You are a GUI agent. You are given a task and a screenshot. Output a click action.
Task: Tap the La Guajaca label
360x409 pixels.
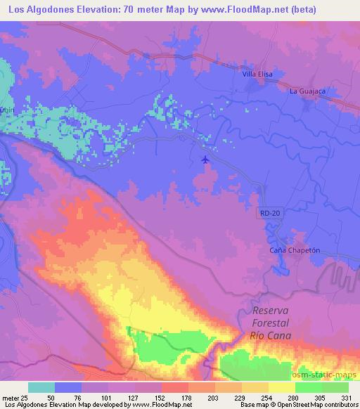coord(307,91)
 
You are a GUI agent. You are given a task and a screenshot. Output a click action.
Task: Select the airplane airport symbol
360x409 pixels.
coord(205,160)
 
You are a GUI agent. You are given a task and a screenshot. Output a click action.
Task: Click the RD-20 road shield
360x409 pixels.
coord(269,212)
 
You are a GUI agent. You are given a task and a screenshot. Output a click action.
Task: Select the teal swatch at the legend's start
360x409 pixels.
coord(41,387)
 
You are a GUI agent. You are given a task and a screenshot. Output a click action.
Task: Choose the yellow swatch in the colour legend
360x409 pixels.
coord(281,387)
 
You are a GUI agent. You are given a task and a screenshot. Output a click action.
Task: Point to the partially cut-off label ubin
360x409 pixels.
coord(6,110)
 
